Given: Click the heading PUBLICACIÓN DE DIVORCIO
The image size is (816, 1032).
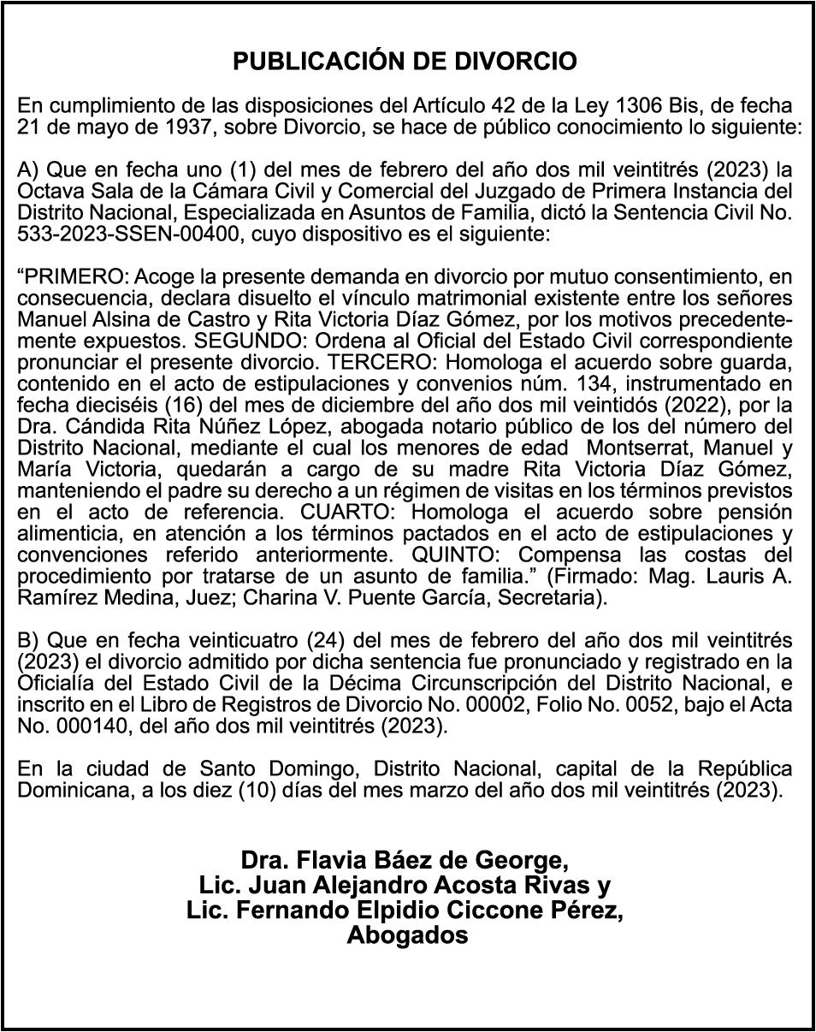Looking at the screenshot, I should point(405,62).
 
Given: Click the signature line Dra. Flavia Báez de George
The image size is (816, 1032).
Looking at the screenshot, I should point(405,859).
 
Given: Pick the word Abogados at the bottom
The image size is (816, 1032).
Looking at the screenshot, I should point(407,935).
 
